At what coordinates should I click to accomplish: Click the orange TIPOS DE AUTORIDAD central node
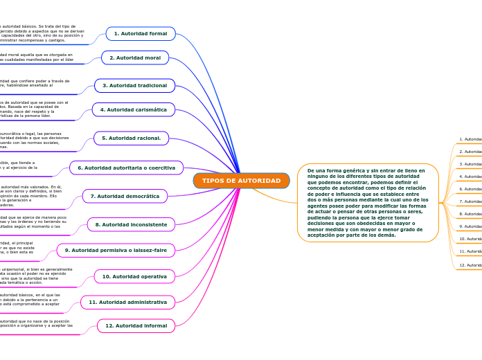[241, 181]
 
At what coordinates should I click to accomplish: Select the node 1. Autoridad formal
[141, 33]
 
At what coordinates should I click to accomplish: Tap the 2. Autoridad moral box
[135, 57]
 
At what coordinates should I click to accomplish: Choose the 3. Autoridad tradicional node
[134, 85]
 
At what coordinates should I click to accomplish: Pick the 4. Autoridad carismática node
[134, 109]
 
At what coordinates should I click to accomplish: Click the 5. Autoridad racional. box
[132, 138]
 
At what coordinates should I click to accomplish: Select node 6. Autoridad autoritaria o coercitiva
[126, 168]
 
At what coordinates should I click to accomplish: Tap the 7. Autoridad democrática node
[125, 196]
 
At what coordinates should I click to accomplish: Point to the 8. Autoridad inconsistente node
[131, 224]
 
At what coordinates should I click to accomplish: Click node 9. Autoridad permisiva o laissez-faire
[116, 250]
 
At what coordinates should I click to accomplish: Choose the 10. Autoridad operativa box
[134, 276]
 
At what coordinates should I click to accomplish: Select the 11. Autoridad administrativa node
[127, 302]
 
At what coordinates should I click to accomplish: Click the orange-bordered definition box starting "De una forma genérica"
[368, 202]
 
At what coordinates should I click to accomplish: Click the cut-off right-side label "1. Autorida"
[471, 139]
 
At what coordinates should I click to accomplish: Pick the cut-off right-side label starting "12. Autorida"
[470, 265]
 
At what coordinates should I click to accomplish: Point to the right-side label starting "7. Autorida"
[471, 201]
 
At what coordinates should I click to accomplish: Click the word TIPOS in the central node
[212, 181]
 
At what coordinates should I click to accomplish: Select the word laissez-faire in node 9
[150, 250]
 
